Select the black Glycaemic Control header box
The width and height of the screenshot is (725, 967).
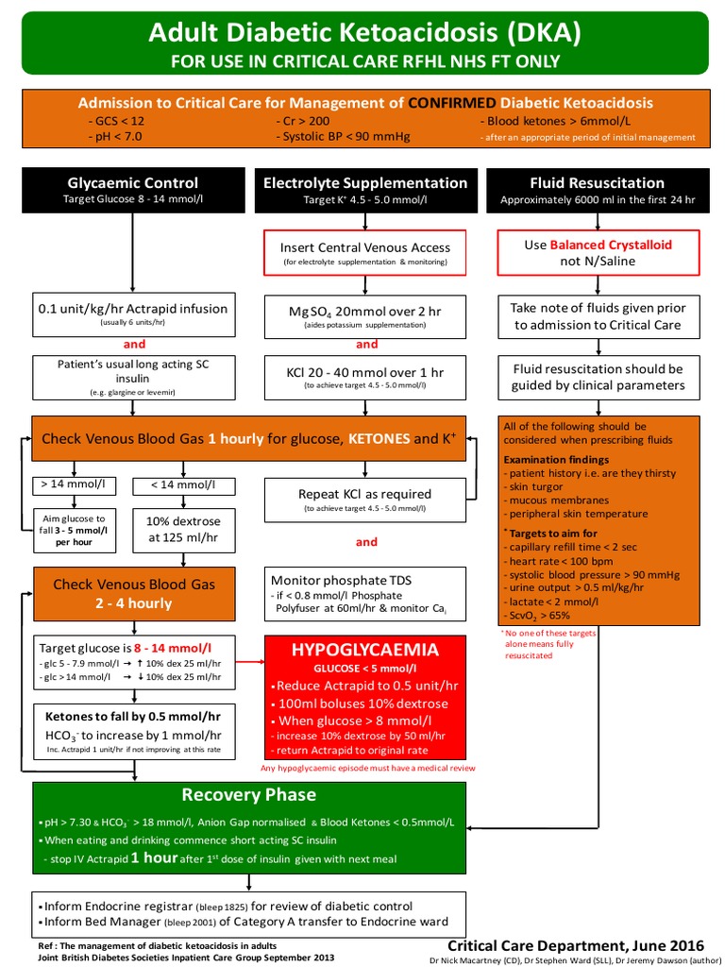pos(133,189)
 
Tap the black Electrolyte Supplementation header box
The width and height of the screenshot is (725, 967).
pos(365,189)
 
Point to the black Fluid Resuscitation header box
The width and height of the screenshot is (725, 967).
pos(597,189)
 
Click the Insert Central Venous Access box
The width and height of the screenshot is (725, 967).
pos(365,252)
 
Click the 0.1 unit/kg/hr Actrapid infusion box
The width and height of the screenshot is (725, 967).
pos(133,314)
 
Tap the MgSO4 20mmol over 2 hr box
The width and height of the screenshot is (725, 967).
pos(365,316)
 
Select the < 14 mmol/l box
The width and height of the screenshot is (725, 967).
pos(183,485)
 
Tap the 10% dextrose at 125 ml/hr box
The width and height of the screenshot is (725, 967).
pos(183,529)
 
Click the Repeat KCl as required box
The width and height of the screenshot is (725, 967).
pos(365,500)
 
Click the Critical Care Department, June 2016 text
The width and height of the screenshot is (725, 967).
pos(575,944)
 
